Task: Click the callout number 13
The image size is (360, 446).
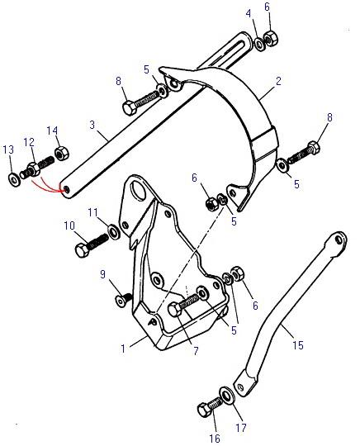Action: coord(8,149)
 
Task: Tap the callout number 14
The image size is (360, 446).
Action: coord(52,130)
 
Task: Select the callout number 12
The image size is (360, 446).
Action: coord(29,143)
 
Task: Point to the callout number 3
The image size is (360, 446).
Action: coord(92,125)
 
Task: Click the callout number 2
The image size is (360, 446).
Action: coord(279,81)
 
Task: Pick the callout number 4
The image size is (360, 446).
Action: coord(249,13)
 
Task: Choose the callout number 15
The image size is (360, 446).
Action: coord(298,345)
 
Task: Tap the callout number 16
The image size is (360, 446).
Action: coord(215,439)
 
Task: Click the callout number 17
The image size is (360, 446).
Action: coord(241,428)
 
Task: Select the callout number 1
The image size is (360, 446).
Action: coord(123,349)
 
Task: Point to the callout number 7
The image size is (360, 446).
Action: coord(196,351)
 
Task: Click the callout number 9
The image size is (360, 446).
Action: coord(102,274)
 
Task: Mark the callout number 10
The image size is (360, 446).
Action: coord(69,225)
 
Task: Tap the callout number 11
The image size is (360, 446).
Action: coord(93,212)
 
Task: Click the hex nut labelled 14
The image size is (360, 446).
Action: coord(62,154)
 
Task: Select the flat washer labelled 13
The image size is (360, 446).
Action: coord(14,180)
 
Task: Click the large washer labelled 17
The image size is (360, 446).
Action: coord(227,395)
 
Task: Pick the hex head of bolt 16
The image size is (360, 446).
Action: coord(205,410)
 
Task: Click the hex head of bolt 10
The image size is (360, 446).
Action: coord(83,250)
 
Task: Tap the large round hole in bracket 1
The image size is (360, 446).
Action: coord(138,190)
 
